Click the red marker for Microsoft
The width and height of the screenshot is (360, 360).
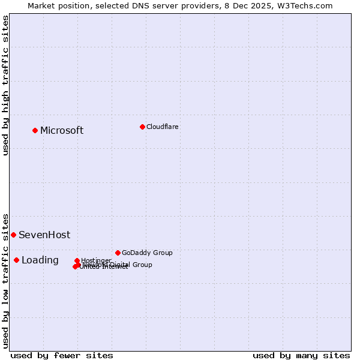(x=35, y=130)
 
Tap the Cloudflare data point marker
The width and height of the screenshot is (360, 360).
(x=142, y=127)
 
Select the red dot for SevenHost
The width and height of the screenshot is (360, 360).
(x=13, y=235)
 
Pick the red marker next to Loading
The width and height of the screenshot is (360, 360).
(x=16, y=260)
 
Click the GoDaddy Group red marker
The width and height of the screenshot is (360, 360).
(x=118, y=253)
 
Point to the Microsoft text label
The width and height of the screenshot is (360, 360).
(x=62, y=130)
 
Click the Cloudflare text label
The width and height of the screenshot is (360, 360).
(x=163, y=127)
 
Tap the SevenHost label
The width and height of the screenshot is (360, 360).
(x=44, y=235)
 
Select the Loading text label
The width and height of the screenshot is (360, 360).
(x=40, y=260)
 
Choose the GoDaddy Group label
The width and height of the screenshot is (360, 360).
(x=147, y=253)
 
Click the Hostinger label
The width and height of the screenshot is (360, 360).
(x=96, y=260)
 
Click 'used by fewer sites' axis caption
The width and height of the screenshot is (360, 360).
(x=62, y=355)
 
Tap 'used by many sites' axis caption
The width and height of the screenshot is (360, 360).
(x=301, y=355)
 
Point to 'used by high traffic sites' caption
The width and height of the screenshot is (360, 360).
(x=5, y=85)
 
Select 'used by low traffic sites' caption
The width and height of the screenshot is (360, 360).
(x=5, y=280)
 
